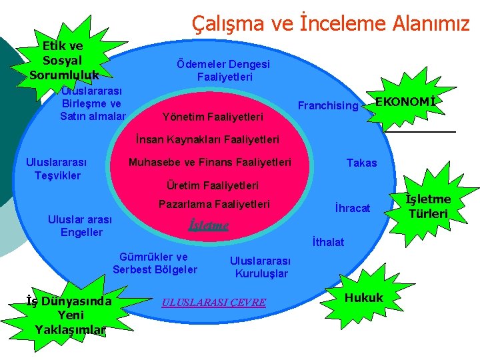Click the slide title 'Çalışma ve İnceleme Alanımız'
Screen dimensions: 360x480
pos(331,24)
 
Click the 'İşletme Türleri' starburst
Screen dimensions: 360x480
pos(429,206)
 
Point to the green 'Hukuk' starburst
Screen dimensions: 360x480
pos(363,297)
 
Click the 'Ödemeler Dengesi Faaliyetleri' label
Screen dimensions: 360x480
pos(224,71)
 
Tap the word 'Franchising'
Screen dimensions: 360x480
pos(328,105)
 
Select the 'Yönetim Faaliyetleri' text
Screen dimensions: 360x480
pos(213,117)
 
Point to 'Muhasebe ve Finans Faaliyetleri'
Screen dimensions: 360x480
pos(209,162)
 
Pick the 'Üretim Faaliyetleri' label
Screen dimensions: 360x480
pos(211,185)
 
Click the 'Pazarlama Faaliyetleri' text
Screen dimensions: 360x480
pos(213,204)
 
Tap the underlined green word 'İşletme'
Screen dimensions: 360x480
pos(209,225)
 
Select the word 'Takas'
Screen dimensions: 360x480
pos(361,163)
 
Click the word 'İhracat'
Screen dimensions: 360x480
pos(352,208)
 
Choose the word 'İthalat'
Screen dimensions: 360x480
pos(328,242)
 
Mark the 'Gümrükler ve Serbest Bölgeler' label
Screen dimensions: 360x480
pos(155,263)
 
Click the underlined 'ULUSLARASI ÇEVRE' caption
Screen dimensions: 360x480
pos(214,303)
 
